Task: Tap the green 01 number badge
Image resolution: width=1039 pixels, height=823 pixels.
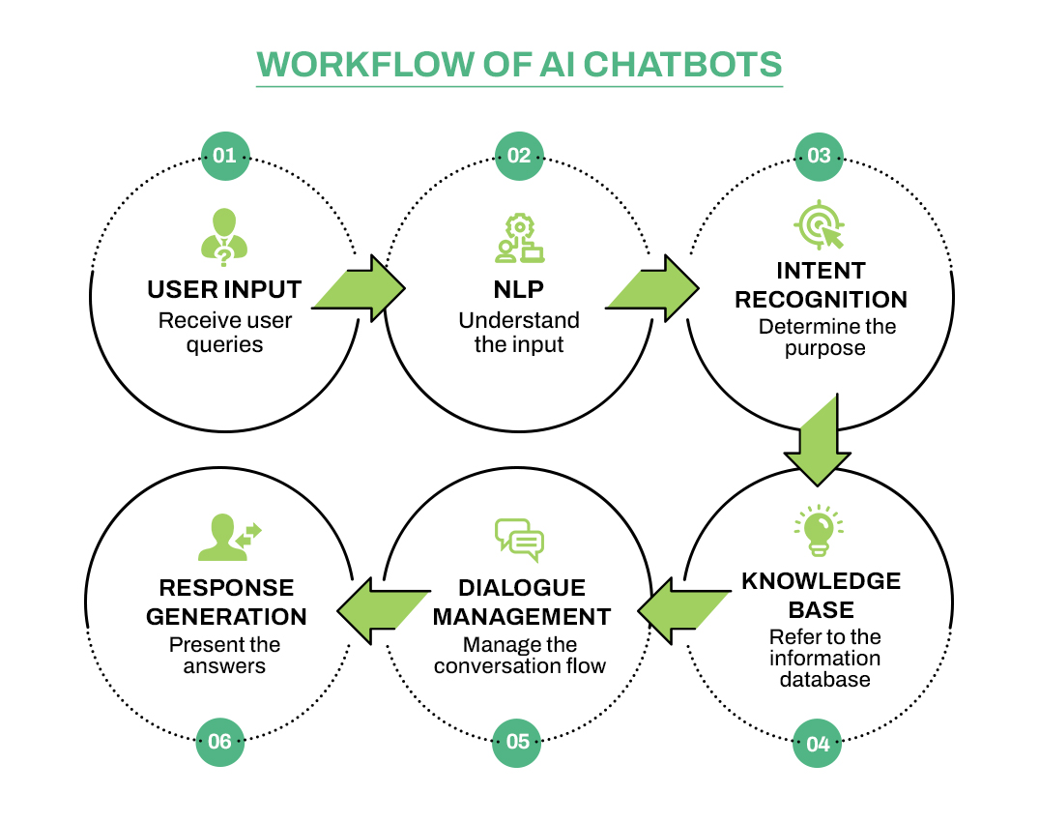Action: coord(224,156)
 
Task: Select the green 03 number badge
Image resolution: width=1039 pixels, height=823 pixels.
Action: coord(819,156)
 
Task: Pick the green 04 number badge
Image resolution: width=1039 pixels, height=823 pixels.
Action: coord(818,744)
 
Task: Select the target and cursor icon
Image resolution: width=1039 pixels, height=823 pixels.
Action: coord(818,226)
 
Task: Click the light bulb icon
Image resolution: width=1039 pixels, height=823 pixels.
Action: coord(818,530)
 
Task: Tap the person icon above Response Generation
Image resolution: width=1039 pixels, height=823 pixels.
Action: coord(227,538)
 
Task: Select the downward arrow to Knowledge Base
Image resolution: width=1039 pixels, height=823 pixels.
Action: coord(817,439)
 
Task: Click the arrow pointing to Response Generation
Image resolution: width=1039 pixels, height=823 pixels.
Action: coord(382,610)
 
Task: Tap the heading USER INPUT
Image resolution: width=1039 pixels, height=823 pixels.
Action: coord(224,290)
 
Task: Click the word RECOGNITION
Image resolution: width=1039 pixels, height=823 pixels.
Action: coord(821,300)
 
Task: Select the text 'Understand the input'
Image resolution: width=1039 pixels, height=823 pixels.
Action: coord(519,332)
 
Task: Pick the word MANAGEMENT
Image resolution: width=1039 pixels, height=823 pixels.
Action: coord(520,617)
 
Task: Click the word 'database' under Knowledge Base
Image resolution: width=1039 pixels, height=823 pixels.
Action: coord(820,679)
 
